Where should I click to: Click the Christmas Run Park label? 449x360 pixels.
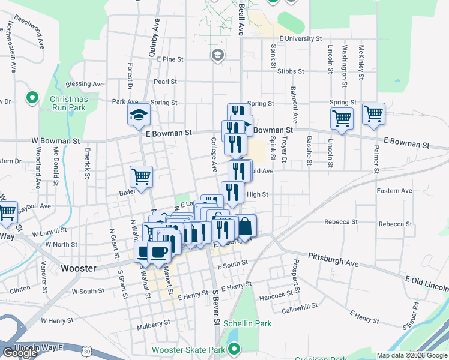pos(68,103)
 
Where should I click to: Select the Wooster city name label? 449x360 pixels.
pos(79,268)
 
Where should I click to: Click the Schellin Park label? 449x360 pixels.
pos(247,323)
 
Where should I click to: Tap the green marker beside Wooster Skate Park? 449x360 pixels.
pos(235,348)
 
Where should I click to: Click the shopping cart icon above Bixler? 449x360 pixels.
pos(142,177)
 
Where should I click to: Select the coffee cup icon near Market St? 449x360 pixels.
pos(159,252)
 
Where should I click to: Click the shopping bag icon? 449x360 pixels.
pos(246,226)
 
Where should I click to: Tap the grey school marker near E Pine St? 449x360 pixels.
pos(217,55)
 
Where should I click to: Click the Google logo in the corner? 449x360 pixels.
pos(20,353)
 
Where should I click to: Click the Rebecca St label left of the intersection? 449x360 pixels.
pos(341,221)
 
